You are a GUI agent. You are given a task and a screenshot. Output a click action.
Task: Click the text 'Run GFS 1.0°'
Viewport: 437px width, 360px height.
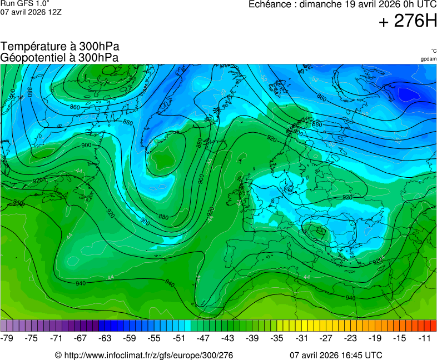tap(25, 3)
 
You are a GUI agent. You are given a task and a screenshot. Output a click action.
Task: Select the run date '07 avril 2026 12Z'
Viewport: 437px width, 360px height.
tap(31, 11)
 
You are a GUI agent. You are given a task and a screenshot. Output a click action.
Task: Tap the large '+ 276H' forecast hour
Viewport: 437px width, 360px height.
tap(408, 22)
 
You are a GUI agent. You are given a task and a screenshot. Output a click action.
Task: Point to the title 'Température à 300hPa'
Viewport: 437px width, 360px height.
tap(60, 47)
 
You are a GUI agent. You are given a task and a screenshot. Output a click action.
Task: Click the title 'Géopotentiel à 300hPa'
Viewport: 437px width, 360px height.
tap(59, 57)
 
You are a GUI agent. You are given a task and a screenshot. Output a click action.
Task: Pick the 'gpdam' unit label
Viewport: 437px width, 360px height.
tap(428, 59)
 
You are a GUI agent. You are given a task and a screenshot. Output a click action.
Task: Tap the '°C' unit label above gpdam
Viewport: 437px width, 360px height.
tap(433, 51)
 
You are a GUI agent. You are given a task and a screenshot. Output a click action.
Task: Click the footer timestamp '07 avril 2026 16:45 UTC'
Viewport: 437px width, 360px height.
tap(336, 355)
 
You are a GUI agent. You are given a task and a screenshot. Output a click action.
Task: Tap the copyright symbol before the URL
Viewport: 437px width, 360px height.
tap(58, 355)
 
